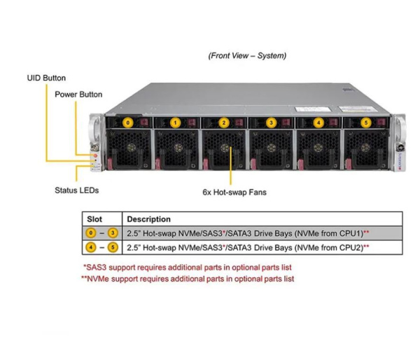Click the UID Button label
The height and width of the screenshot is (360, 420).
tap(46, 78)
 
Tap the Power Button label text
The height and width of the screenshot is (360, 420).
tap(78, 95)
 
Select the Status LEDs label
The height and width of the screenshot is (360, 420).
tap(76, 191)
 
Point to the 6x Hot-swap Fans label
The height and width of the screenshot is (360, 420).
tap(234, 192)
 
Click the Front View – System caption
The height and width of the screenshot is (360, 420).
tap(247, 56)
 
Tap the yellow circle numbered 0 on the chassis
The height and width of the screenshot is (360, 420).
tap(128, 123)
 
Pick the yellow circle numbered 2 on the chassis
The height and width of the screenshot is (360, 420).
tap(224, 123)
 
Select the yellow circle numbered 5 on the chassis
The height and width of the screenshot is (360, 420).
tap(366, 123)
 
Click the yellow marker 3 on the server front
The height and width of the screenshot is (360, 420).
tap(271, 123)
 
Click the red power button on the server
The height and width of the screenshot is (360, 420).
tap(95, 155)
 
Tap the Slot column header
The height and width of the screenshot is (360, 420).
tap(94, 219)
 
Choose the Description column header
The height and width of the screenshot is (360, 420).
tap(148, 219)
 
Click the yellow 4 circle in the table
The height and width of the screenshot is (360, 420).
tap(91, 247)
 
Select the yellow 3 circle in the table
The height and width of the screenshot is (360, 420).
tap(113, 233)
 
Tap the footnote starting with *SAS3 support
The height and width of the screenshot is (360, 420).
tap(187, 268)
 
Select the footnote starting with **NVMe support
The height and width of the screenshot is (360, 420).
tap(188, 279)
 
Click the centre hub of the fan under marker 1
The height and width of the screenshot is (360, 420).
tap(178, 148)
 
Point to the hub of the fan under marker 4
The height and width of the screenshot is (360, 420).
tap(318, 148)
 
